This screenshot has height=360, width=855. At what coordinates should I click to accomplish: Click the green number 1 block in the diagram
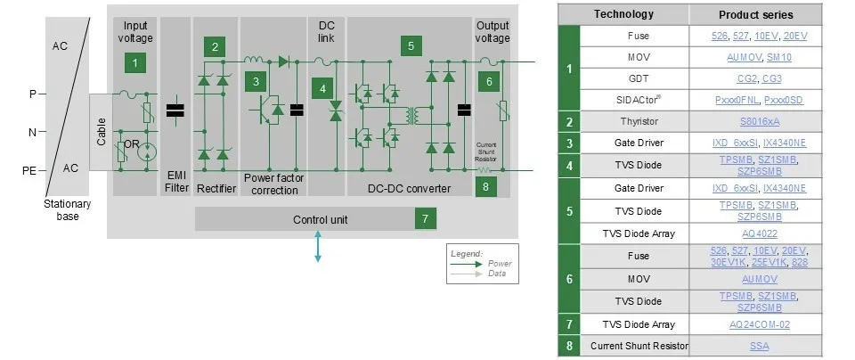[x=134, y=62]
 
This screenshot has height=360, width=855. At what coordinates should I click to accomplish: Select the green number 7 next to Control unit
[x=425, y=218]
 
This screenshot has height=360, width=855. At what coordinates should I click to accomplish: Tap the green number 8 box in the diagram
[x=486, y=185]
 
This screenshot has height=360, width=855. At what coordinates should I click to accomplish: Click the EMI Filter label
[x=177, y=183]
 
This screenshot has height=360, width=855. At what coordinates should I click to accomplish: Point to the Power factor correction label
[x=273, y=183]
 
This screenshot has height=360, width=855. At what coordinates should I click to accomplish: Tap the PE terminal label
[x=29, y=170]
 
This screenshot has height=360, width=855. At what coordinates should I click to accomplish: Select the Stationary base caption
[x=67, y=209]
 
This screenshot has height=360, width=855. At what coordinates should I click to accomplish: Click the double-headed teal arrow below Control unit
[x=318, y=247]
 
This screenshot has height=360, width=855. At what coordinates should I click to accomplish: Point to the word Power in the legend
[x=500, y=263]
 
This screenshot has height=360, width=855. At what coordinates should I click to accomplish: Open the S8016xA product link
[x=760, y=120]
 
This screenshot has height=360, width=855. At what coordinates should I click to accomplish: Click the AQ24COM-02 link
[x=760, y=324]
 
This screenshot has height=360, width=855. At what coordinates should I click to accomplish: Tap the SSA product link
[x=760, y=346]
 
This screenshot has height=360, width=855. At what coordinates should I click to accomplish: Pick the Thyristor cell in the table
[x=637, y=120]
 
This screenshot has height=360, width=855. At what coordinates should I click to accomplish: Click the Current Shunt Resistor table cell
[x=637, y=346]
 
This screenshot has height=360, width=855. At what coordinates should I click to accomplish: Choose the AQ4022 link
[x=760, y=233]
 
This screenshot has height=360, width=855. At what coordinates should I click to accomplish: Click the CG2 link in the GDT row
[x=747, y=78]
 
